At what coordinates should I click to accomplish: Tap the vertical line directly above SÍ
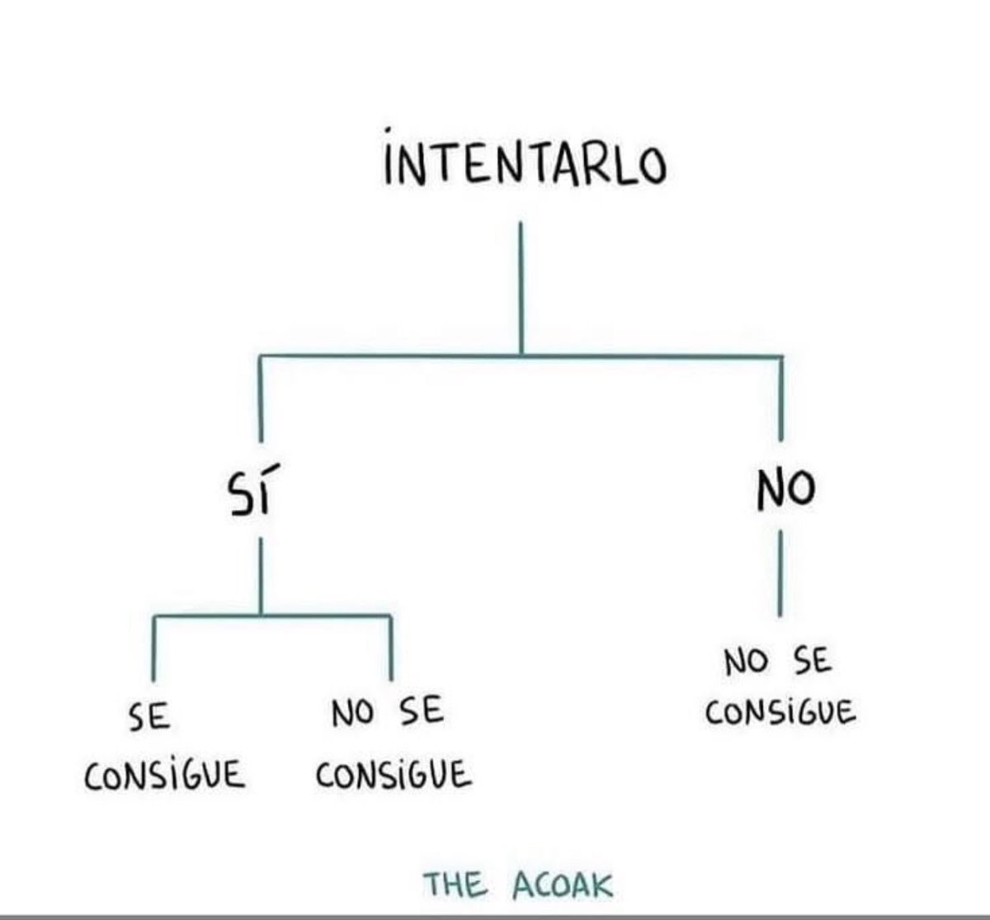pyautogui.click(x=261, y=396)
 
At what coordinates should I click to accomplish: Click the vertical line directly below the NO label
pyautogui.click(x=780, y=573)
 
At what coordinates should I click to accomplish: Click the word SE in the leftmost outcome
pyautogui.click(x=149, y=716)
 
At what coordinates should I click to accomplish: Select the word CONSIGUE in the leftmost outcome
pyautogui.click(x=165, y=775)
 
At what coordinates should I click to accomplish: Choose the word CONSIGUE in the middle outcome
pyautogui.click(x=394, y=775)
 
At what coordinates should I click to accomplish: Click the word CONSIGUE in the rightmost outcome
pyautogui.click(x=780, y=711)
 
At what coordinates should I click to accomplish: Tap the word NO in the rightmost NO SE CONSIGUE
pyautogui.click(x=746, y=662)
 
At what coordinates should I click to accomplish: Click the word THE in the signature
pyautogui.click(x=455, y=885)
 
